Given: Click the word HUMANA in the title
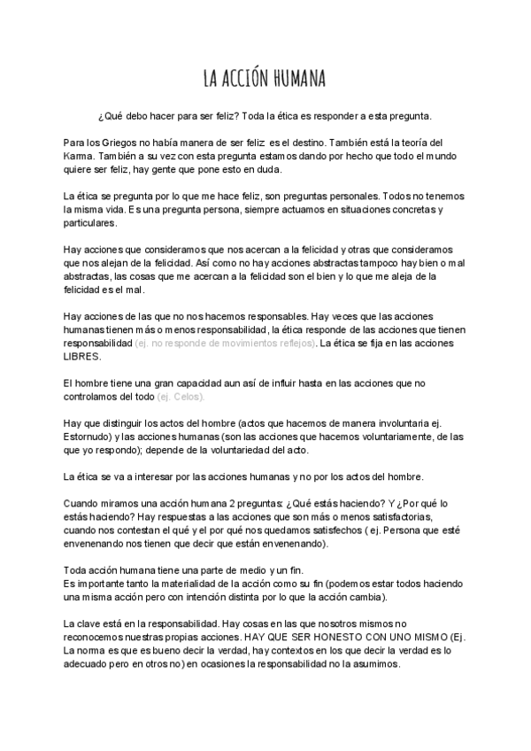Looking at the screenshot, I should [x=296, y=80].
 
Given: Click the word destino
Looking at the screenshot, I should [x=310, y=142].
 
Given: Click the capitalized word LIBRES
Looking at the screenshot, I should [x=82, y=356].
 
